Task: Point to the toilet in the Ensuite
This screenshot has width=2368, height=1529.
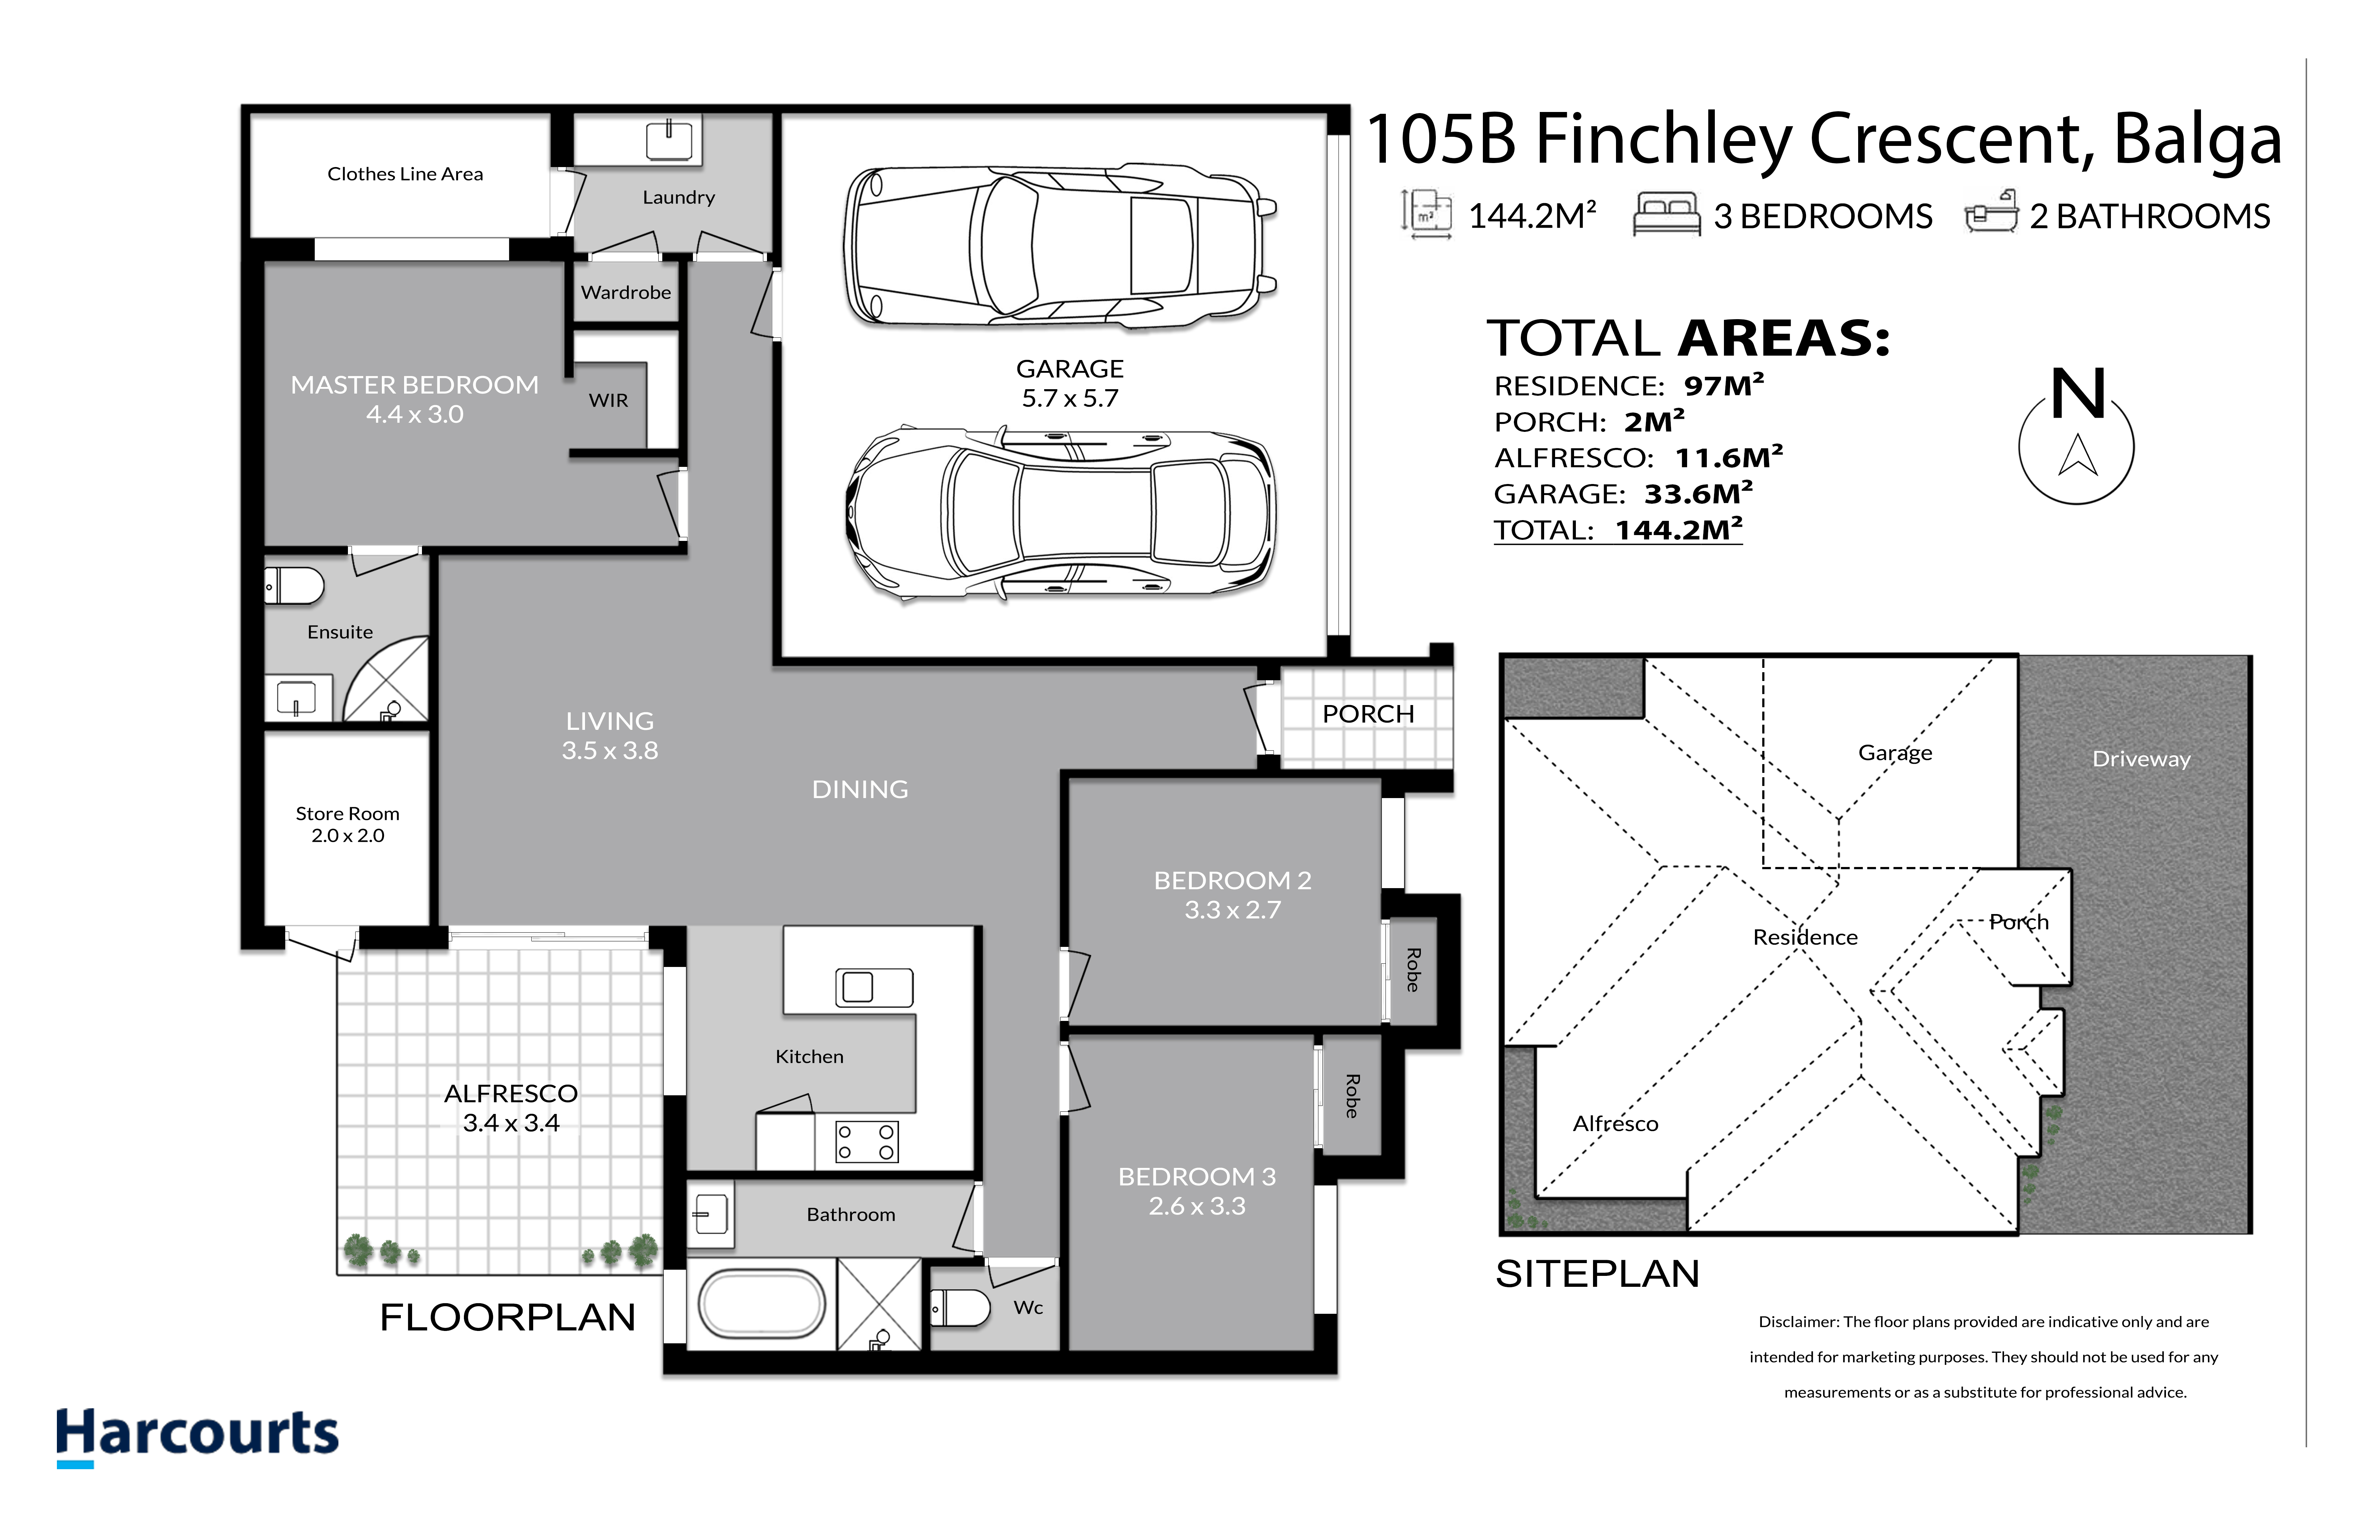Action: click(294, 586)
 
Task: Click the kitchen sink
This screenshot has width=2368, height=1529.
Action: click(873, 987)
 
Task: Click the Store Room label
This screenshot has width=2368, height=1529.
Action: click(347, 813)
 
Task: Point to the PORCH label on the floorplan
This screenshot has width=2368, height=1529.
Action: click(1368, 714)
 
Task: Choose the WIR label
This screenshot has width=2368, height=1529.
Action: click(608, 400)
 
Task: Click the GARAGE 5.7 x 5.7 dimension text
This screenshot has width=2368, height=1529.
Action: click(1070, 398)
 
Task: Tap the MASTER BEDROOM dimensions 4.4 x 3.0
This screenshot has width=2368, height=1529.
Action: click(415, 414)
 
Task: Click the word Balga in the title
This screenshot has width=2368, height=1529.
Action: click(2198, 140)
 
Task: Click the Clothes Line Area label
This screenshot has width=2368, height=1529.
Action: click(405, 174)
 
